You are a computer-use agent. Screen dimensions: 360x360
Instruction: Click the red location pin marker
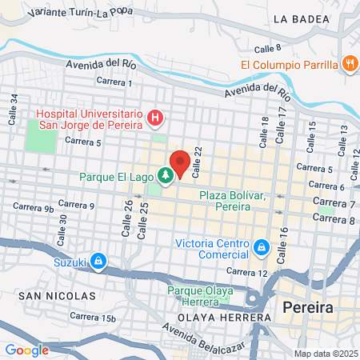point(180,162)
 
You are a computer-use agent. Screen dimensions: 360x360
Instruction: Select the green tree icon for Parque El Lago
point(166,174)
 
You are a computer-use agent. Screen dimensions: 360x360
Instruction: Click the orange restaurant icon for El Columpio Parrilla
point(349,64)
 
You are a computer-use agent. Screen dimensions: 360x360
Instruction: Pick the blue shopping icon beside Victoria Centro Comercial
point(261,246)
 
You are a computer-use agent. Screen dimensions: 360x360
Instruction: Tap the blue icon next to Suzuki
point(98,261)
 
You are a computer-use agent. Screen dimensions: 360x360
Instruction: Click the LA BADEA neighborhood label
point(302,18)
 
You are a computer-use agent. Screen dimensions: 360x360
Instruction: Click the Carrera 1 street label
point(114,82)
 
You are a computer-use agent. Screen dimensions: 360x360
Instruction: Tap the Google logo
point(27,350)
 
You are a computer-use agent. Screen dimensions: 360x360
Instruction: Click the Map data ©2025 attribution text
point(324,354)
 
